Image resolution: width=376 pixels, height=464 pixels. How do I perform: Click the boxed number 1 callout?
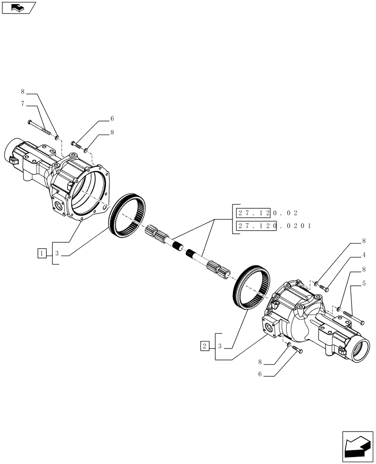(x=43, y=253)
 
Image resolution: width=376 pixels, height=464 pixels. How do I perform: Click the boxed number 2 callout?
(x=205, y=346)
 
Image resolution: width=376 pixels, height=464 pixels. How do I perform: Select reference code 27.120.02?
(x=266, y=213)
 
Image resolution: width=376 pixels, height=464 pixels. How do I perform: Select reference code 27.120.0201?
(x=273, y=226)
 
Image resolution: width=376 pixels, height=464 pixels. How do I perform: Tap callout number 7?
(x=22, y=103)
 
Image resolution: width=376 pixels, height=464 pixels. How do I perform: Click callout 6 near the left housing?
(x=112, y=119)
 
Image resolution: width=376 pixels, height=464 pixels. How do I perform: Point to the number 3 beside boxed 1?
(x=56, y=253)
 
